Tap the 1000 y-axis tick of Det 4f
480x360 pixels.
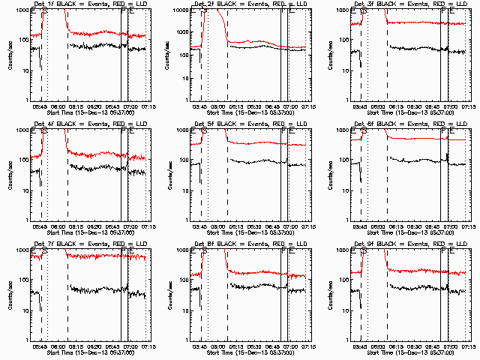tap(24, 130)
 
